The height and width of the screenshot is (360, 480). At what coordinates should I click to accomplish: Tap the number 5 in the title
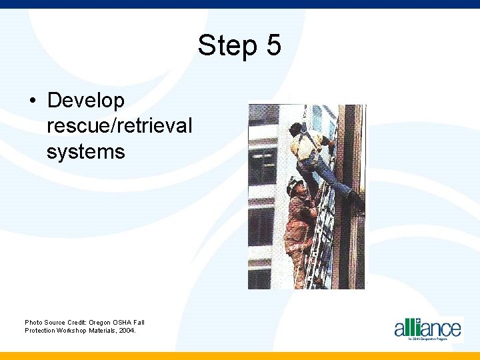273,46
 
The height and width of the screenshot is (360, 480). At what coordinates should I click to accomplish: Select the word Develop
86,101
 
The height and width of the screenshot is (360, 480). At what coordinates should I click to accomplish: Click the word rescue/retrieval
119,126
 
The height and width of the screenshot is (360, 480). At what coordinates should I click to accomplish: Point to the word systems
85,151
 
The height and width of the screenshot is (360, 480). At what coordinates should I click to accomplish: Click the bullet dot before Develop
33,101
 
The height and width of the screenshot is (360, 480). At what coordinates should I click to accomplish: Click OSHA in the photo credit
113,322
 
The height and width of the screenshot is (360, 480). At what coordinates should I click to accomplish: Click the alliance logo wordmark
427,328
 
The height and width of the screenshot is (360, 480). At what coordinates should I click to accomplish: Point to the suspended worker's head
295,129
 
